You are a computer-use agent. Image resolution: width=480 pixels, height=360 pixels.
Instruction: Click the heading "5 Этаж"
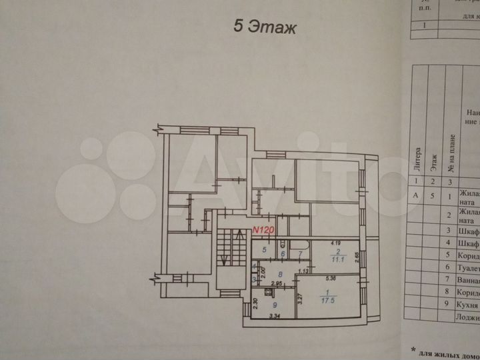263,27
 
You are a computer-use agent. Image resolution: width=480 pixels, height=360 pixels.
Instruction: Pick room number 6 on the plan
282,254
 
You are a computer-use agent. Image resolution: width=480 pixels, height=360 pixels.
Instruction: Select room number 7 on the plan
300,254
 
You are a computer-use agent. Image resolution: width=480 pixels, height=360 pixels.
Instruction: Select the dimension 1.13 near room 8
304,271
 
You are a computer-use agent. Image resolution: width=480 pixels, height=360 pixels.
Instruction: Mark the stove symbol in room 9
269,291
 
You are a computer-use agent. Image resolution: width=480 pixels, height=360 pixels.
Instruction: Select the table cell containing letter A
418,196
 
